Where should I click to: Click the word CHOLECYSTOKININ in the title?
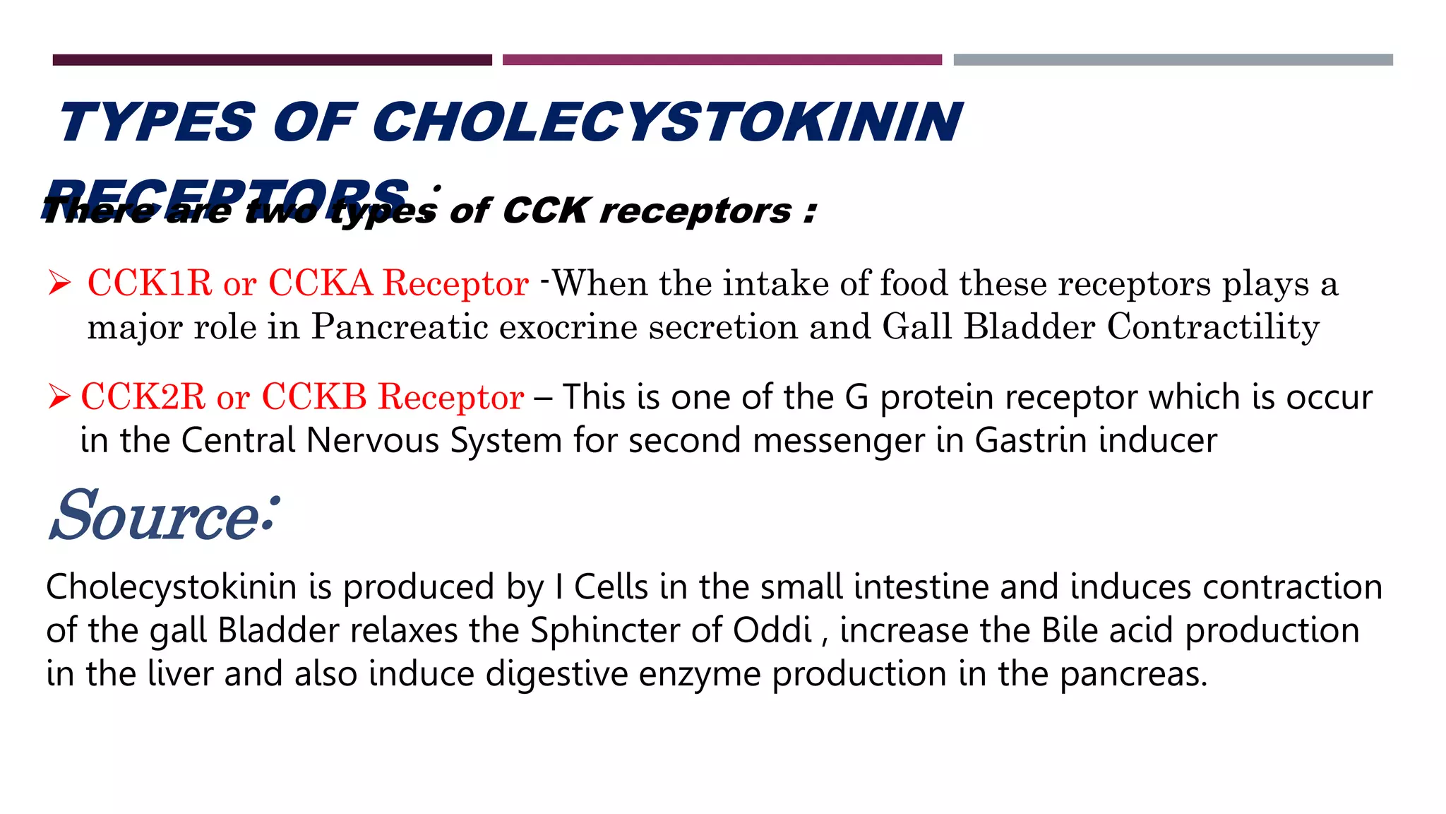tap(667, 122)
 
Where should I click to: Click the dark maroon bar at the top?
tap(272, 60)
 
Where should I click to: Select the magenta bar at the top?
tap(722, 60)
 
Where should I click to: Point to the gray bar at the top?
tap(1173, 60)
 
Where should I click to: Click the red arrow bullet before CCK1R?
tap(59, 283)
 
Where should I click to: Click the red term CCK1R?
tap(150, 283)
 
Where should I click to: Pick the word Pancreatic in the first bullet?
tap(400, 327)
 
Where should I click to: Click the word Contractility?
tap(1213, 327)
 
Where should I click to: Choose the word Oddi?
tap(772, 630)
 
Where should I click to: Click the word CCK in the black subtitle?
tap(545, 211)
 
